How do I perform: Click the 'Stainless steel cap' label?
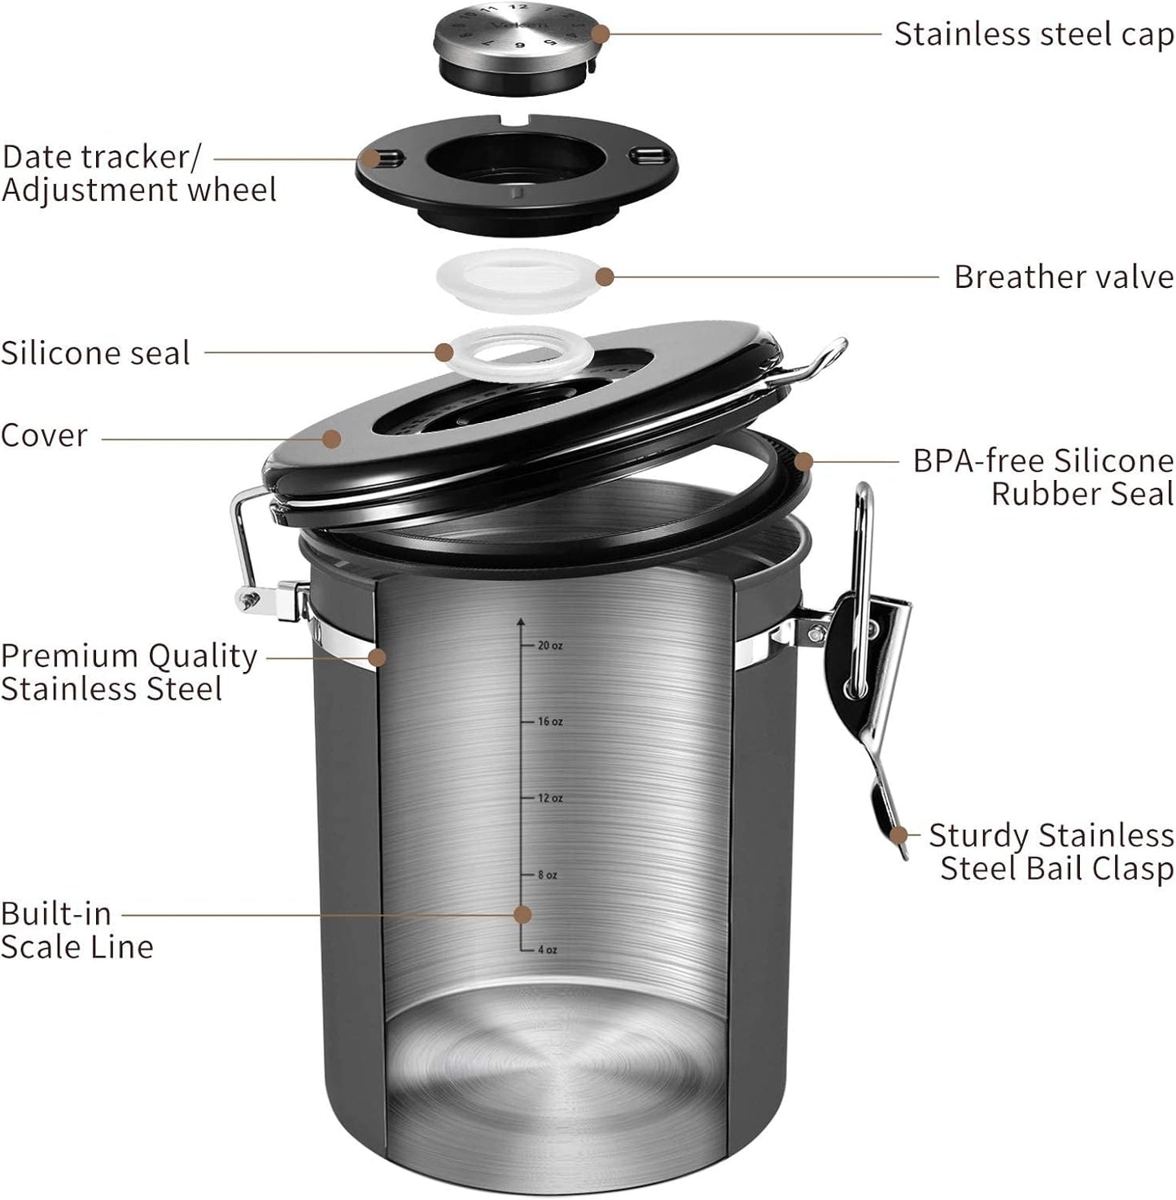pyautogui.click(x=1034, y=35)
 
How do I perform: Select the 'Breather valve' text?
pyautogui.click(x=1063, y=277)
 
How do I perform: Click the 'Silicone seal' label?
pyautogui.click(x=95, y=353)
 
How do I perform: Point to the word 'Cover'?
pyautogui.click(x=44, y=435)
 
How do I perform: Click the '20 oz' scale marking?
pyautogui.click(x=549, y=646)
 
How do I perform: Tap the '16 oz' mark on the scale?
pyautogui.click(x=549, y=722)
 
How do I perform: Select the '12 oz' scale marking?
pyautogui.click(x=549, y=798)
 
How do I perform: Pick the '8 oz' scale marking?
pyautogui.click(x=547, y=875)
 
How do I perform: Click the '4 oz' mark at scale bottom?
pyautogui.click(x=547, y=950)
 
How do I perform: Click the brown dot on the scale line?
pyautogui.click(x=523, y=914)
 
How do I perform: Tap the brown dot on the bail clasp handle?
pyautogui.click(x=898, y=835)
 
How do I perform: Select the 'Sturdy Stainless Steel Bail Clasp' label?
pyautogui.click(x=1051, y=852)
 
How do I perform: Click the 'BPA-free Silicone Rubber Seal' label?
pyautogui.click(x=1043, y=478)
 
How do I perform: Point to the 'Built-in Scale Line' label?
pyautogui.click(x=77, y=930)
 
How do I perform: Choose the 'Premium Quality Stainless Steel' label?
pyautogui.click(x=129, y=672)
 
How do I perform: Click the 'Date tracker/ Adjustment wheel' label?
pyautogui.click(x=138, y=173)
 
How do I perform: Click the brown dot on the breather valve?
pyautogui.click(x=604, y=277)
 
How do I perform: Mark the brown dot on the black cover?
pyautogui.click(x=330, y=439)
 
